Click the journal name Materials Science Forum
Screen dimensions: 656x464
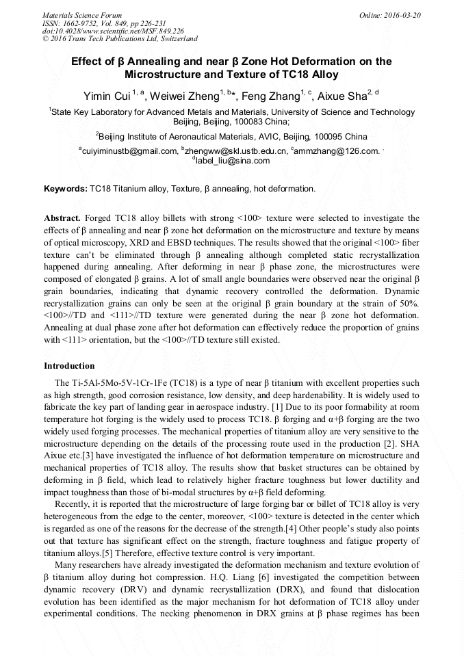point(82,14)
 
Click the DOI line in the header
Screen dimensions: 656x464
point(113,31)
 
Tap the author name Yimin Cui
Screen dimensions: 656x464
point(107,96)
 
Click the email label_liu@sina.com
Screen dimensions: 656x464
point(233,161)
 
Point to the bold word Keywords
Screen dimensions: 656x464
point(65,188)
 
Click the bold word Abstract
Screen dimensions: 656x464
point(64,216)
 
